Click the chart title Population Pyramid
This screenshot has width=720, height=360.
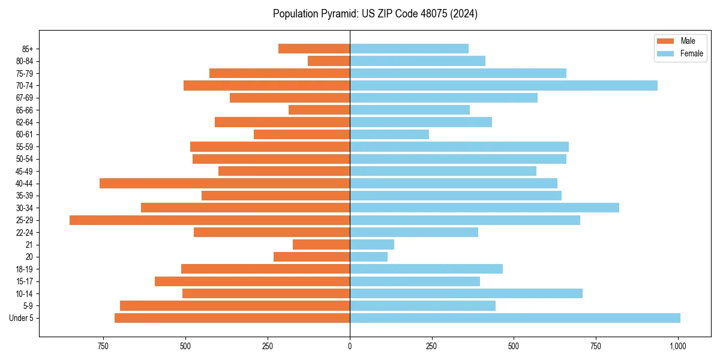(x=375, y=14)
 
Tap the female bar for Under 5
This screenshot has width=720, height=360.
(x=515, y=318)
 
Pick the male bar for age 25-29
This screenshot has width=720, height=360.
(x=209, y=220)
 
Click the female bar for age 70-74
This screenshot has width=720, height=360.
(x=503, y=86)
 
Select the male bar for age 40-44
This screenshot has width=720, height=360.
(x=224, y=184)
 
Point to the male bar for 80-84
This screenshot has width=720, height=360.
(x=329, y=61)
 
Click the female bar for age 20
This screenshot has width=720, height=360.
(x=368, y=257)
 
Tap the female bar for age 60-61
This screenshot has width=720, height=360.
(x=389, y=134)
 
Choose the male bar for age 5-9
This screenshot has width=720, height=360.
(x=235, y=306)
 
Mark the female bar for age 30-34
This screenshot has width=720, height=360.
(x=484, y=208)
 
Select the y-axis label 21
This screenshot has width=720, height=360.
(x=29, y=245)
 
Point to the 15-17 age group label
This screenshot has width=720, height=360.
(x=25, y=281)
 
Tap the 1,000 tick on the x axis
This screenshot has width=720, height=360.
(x=678, y=346)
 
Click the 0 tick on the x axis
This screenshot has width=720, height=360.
(x=350, y=346)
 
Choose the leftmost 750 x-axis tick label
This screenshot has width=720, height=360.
(x=103, y=346)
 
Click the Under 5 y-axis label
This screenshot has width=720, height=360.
(x=22, y=318)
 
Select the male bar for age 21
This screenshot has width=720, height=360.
(x=321, y=245)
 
